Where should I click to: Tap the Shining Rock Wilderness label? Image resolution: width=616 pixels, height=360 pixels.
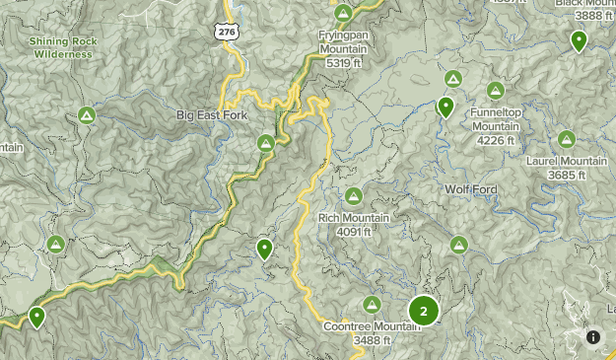coord(60,47)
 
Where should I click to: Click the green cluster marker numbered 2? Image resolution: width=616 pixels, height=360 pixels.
coord(424,311)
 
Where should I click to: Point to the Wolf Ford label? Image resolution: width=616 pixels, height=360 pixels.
coord(470,188)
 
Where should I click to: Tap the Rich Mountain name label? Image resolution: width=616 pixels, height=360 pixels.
coord(353,218)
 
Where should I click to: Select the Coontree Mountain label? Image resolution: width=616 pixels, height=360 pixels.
coord(372,327)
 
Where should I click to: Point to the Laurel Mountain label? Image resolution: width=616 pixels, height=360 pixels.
coord(567,161)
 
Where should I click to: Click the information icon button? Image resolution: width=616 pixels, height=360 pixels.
coord(593,337)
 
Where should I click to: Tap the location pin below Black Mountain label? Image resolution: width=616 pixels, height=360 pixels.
coord(579,40)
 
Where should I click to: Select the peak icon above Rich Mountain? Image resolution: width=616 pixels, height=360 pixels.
coord(353,195)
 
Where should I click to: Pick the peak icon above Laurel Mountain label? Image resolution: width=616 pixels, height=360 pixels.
coord(566,139)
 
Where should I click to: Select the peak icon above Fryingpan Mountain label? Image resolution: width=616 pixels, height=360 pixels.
coord(343,13)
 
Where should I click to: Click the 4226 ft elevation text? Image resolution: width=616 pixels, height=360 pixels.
coord(496,141)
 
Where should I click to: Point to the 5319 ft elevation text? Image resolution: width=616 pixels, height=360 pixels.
coord(343,61)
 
